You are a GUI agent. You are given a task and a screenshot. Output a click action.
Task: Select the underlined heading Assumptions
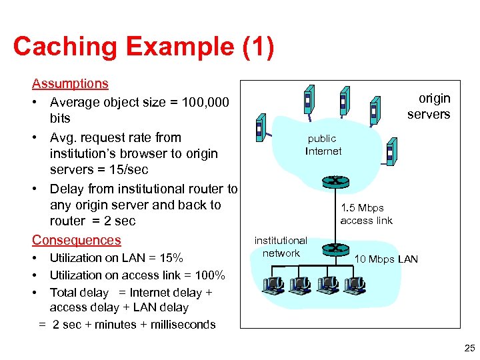70,83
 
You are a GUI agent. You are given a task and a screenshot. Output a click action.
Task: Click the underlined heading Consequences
77,240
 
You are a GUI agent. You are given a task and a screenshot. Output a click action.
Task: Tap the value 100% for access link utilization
209,275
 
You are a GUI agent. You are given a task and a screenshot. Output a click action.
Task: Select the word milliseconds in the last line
184,325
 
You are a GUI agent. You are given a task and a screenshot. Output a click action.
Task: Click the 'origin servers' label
431,106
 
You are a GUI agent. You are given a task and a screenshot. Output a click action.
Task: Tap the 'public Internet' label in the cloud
323,145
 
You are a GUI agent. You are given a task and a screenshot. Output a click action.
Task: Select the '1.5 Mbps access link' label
366,214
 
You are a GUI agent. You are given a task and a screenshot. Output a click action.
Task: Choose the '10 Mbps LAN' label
386,259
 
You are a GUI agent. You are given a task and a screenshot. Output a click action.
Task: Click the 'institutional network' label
281,247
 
